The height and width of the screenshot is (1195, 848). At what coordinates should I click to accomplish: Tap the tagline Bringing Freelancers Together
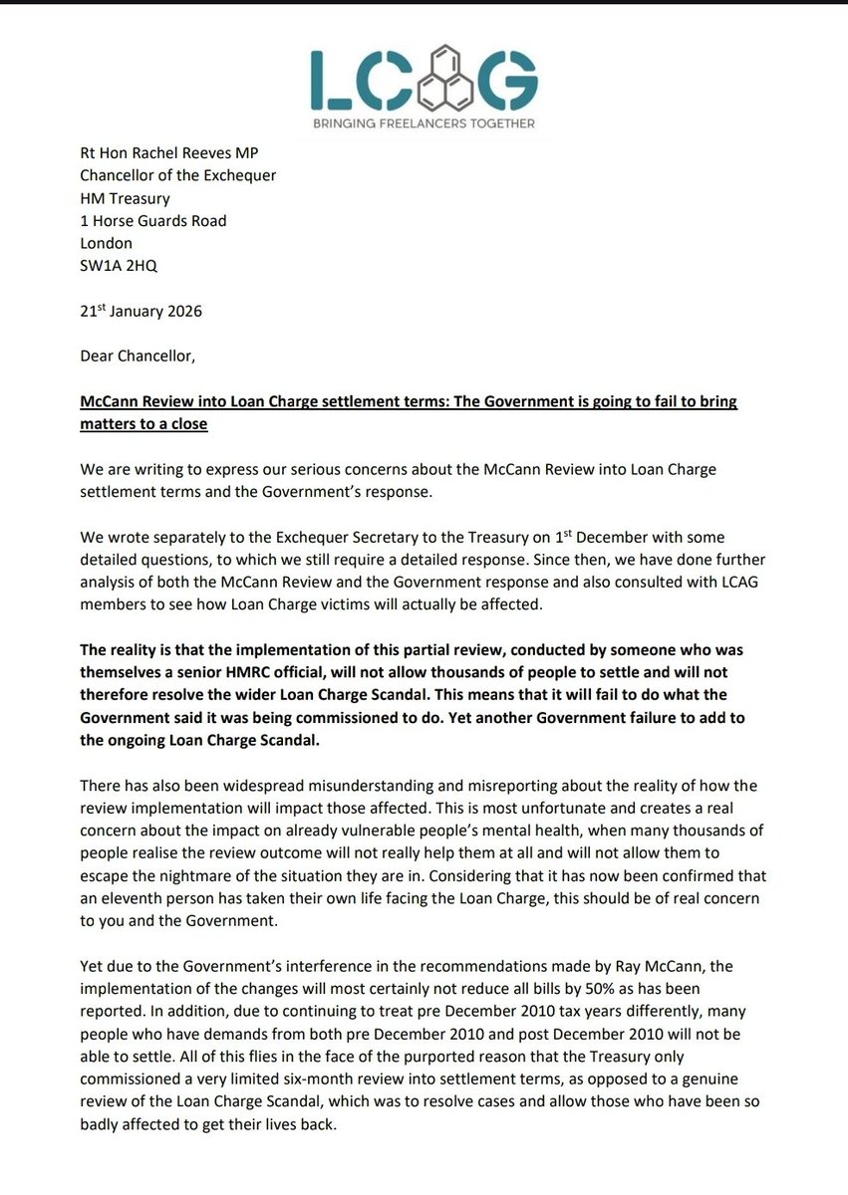(x=424, y=124)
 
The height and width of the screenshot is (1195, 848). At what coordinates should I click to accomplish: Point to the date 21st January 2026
(x=141, y=312)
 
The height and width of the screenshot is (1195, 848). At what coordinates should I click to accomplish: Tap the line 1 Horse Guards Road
(x=152, y=221)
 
